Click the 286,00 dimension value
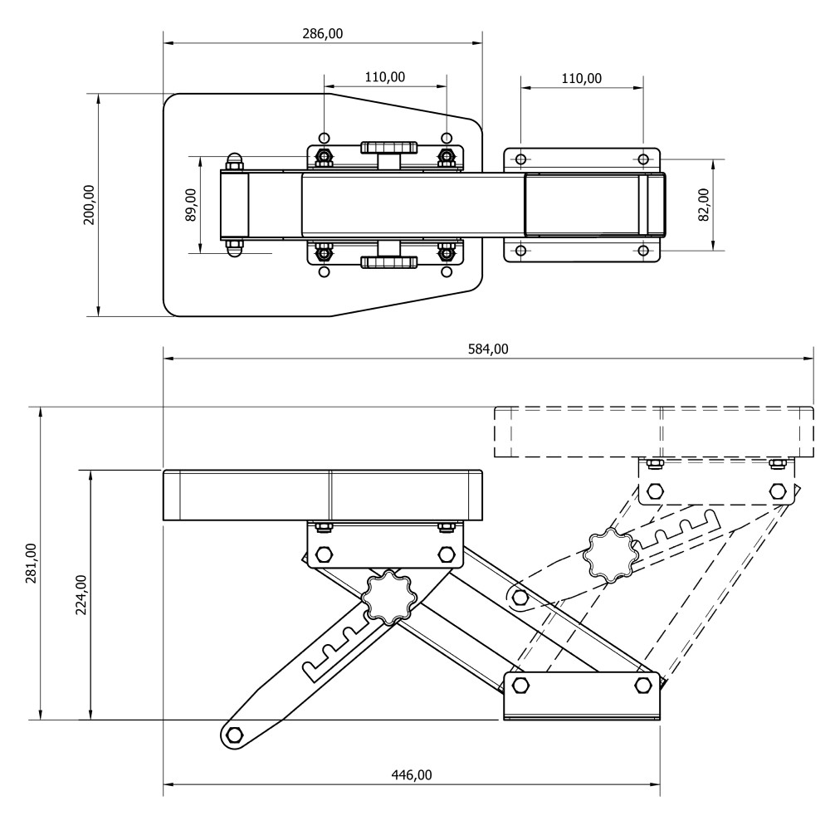[323, 34]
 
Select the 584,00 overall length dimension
[488, 349]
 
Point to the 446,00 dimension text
[412, 775]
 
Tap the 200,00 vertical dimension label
[90, 204]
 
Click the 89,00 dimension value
[191, 204]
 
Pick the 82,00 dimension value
[704, 204]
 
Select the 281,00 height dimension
[32, 564]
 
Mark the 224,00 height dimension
[81, 595]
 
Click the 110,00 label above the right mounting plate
[581, 79]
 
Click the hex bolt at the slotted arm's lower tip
[234, 735]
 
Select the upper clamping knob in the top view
[388, 149]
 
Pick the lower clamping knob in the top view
[388, 262]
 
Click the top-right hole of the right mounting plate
[642, 159]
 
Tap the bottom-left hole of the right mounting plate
[520, 250]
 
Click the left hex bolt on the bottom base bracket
[520, 686]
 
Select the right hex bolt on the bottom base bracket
[642, 686]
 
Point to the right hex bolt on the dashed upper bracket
[777, 491]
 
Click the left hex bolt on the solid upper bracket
[325, 554]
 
